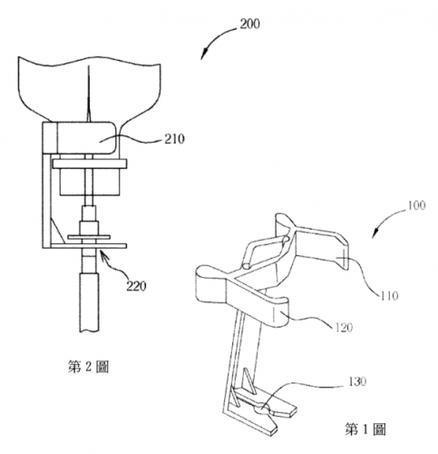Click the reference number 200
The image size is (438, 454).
click(249, 24)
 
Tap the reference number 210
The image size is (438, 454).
click(174, 139)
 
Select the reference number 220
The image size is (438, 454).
click(136, 286)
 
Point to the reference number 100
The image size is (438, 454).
click(416, 205)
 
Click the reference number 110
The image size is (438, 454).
click(389, 295)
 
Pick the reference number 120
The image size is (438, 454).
click(344, 327)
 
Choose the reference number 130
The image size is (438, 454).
click(357, 381)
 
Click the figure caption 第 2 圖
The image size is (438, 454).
click(88, 367)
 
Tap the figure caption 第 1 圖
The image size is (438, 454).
click(365, 429)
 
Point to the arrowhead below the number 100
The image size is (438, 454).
click(375, 233)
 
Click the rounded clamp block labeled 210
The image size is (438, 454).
click(79, 138)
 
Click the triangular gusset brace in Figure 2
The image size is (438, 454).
click(57, 230)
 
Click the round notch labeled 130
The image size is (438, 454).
click(263, 410)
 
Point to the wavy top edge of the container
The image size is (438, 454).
click(89, 62)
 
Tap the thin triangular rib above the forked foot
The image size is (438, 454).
click(250, 380)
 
